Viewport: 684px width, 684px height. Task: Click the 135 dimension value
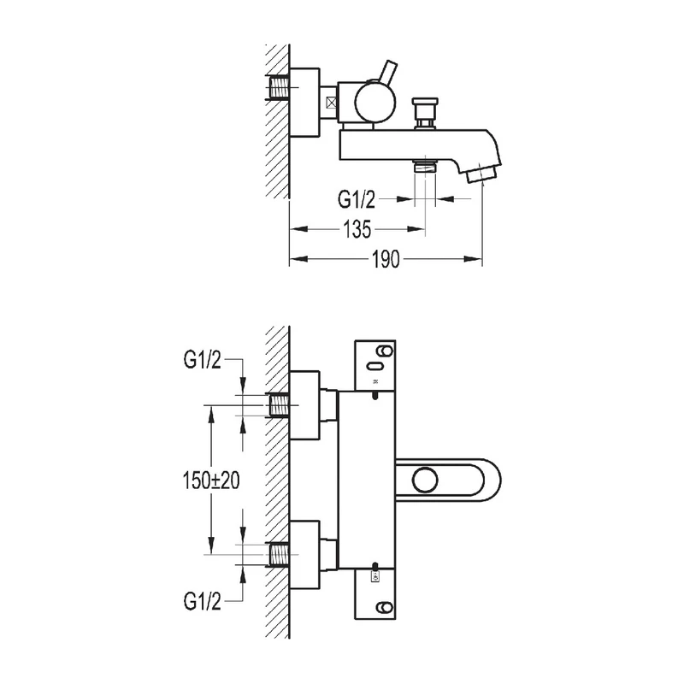click(x=357, y=230)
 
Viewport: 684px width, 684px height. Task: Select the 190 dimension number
click(x=386, y=260)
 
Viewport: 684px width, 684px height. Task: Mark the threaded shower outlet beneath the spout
click(x=424, y=168)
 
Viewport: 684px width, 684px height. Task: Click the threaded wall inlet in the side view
click(x=279, y=89)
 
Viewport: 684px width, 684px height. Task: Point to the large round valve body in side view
click(x=374, y=103)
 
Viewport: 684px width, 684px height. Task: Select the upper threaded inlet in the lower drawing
click(x=278, y=404)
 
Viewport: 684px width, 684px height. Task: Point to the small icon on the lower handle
click(x=374, y=579)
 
